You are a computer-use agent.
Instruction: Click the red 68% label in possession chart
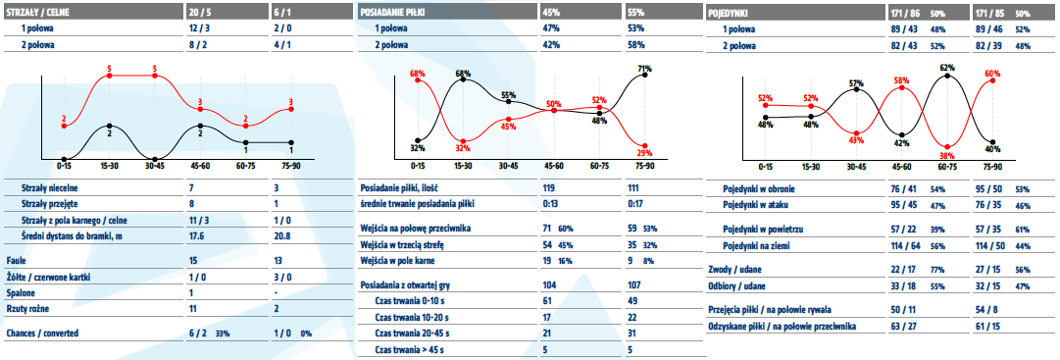click(x=417, y=73)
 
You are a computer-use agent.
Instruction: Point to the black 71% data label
click(x=645, y=68)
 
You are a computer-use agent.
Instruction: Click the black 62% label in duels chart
click(x=947, y=68)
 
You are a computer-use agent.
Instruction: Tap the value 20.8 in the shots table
click(x=282, y=234)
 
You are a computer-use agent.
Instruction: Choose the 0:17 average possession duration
click(x=634, y=202)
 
